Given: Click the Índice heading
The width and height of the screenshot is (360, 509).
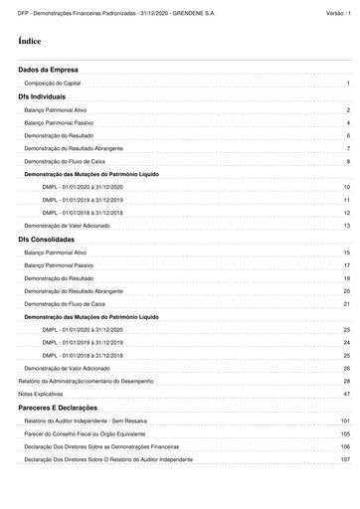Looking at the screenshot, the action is click(x=29, y=43).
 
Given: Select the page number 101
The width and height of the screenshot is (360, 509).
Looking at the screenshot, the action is click(x=345, y=422).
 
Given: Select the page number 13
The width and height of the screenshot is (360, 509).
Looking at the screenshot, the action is click(x=347, y=227).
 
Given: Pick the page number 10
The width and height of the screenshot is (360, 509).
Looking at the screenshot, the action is click(x=346, y=187).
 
